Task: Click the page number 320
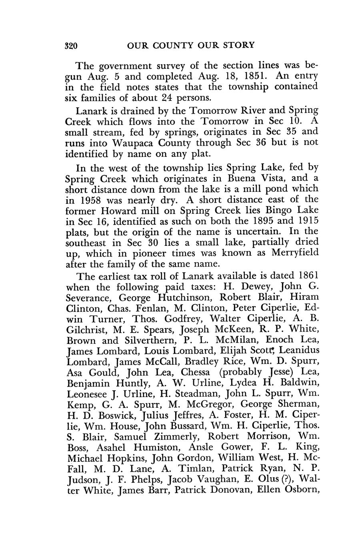71,45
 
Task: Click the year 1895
276,221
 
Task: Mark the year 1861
309,276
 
